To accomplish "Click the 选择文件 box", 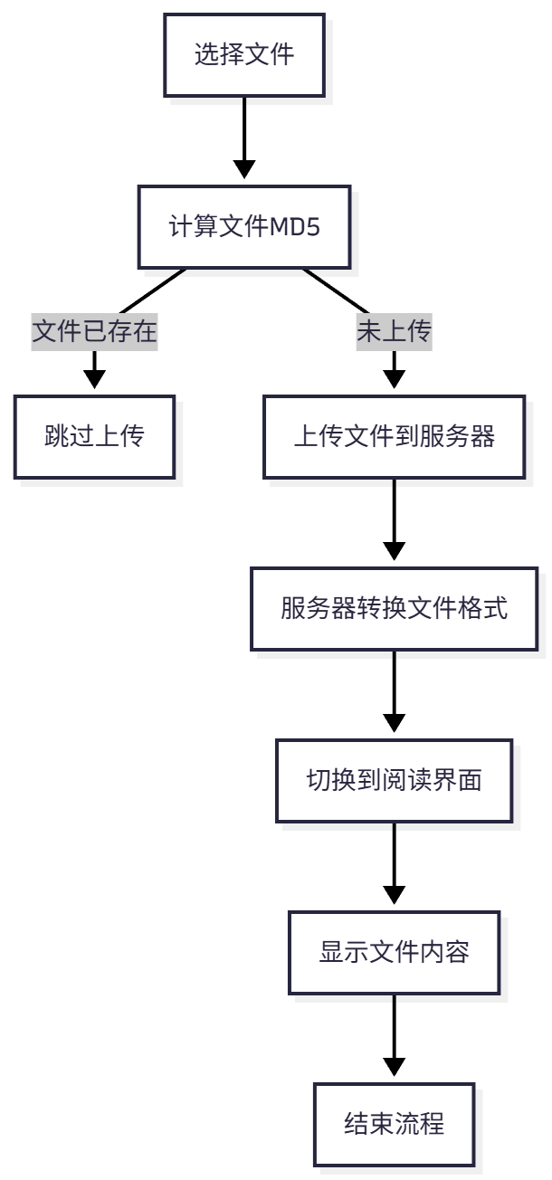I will [x=244, y=54].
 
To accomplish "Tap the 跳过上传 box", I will [x=94, y=437].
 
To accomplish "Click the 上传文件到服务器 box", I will [x=394, y=437].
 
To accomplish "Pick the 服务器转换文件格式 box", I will [x=394, y=609].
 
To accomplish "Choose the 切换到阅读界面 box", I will [x=394, y=781].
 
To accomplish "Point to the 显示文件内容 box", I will [x=394, y=953].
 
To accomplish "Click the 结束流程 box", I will [x=394, y=1125].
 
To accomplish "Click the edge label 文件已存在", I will [x=94, y=333].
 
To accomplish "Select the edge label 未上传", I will [x=394, y=333].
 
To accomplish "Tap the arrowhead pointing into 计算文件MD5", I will [x=244, y=169].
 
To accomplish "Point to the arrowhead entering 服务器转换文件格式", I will [x=394, y=550].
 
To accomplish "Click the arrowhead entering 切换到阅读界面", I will [x=394, y=722].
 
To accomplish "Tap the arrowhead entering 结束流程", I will [x=394, y=1066].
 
